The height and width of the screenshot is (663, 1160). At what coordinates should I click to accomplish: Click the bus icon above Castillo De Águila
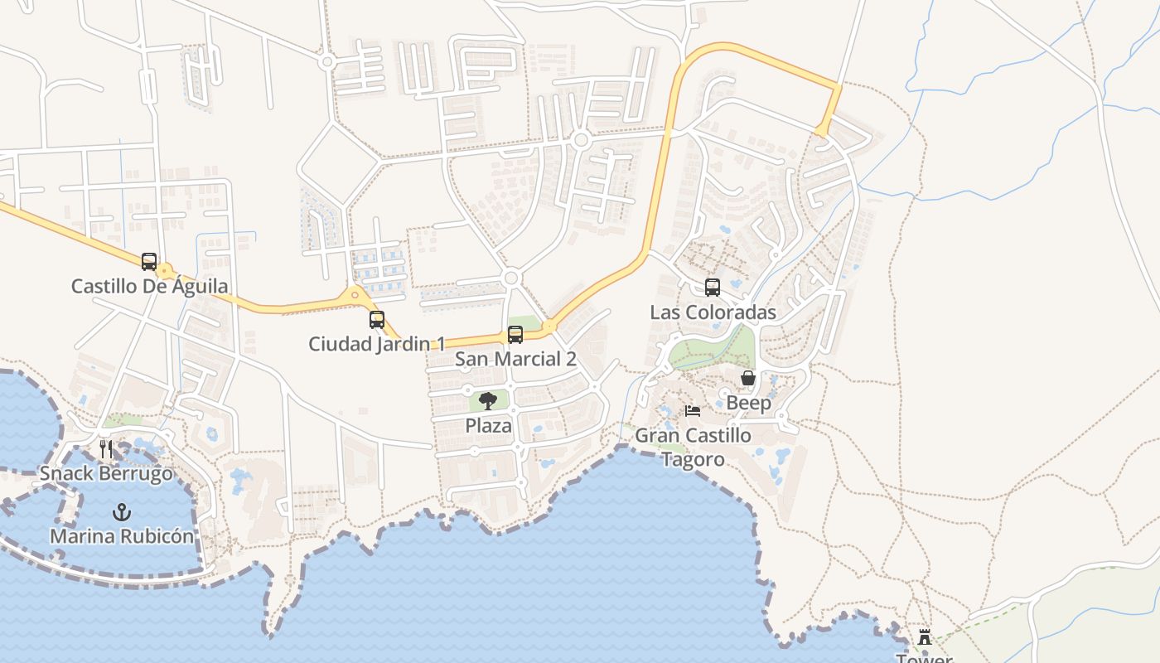pyautogui.click(x=149, y=262)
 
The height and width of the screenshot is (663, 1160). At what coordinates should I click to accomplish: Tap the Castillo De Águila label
pyautogui.click(x=149, y=287)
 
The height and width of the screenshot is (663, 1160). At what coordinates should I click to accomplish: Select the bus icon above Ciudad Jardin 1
pyautogui.click(x=377, y=319)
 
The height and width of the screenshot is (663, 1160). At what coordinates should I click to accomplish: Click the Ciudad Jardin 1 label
pyautogui.click(x=377, y=343)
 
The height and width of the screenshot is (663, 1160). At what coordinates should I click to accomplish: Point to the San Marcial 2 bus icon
pyautogui.click(x=515, y=335)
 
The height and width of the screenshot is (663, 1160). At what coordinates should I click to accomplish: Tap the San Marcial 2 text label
pyautogui.click(x=515, y=359)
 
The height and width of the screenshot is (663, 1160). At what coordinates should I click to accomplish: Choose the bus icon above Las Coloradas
pyautogui.click(x=713, y=288)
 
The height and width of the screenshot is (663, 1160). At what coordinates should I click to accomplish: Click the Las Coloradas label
pyautogui.click(x=713, y=312)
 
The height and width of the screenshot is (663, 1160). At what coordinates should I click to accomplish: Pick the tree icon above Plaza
pyautogui.click(x=488, y=402)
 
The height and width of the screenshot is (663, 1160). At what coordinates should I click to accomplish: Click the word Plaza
pyautogui.click(x=488, y=426)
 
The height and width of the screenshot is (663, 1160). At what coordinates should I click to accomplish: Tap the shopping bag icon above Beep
pyautogui.click(x=748, y=379)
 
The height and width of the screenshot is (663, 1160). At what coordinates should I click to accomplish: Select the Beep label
pyautogui.click(x=748, y=403)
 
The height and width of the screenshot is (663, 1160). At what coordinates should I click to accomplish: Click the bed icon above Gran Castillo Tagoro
pyautogui.click(x=693, y=411)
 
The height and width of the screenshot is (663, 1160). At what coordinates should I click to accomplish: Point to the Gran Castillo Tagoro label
pyautogui.click(x=693, y=447)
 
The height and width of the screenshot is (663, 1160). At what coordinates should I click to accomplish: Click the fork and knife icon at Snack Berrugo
pyautogui.click(x=106, y=449)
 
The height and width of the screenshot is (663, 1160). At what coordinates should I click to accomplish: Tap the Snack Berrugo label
pyautogui.click(x=106, y=474)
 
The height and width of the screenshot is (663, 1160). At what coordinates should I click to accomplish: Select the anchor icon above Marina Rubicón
pyautogui.click(x=122, y=512)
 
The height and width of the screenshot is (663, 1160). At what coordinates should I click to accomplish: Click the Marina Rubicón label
pyautogui.click(x=122, y=536)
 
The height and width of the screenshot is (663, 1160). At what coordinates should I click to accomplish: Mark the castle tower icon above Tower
pyautogui.click(x=925, y=637)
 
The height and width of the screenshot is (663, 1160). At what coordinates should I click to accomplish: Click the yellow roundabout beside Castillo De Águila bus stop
pyautogui.click(x=166, y=271)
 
